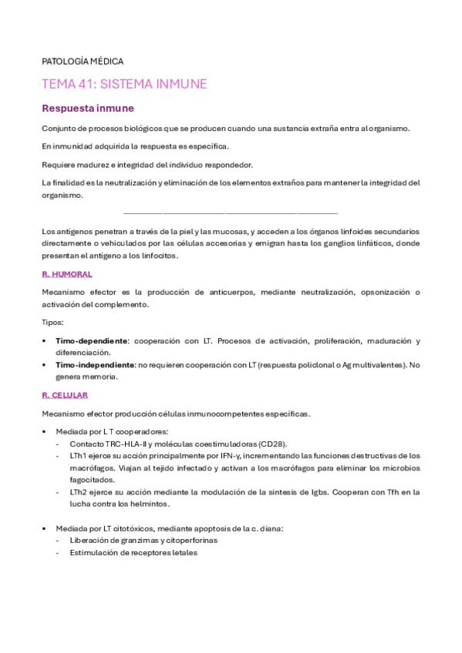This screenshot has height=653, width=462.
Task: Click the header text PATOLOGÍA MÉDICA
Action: tap(83, 61)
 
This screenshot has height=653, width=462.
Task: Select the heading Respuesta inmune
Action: tap(87, 109)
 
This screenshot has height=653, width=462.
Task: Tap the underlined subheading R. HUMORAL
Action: tap(67, 273)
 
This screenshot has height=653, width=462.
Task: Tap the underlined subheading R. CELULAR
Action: tap(65, 394)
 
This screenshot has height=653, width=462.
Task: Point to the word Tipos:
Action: tap(52, 322)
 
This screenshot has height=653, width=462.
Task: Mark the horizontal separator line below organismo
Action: tap(231, 213)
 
